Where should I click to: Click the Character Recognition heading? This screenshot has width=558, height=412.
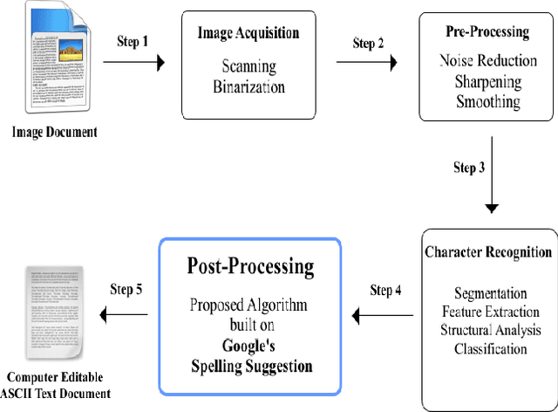pos(489,251)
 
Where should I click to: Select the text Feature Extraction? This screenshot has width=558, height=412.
pos(490,311)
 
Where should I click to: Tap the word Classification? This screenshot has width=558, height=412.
pos(490,349)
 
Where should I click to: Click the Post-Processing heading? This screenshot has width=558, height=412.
pos(251,266)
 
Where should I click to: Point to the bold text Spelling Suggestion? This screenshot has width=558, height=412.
pos(251,366)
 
